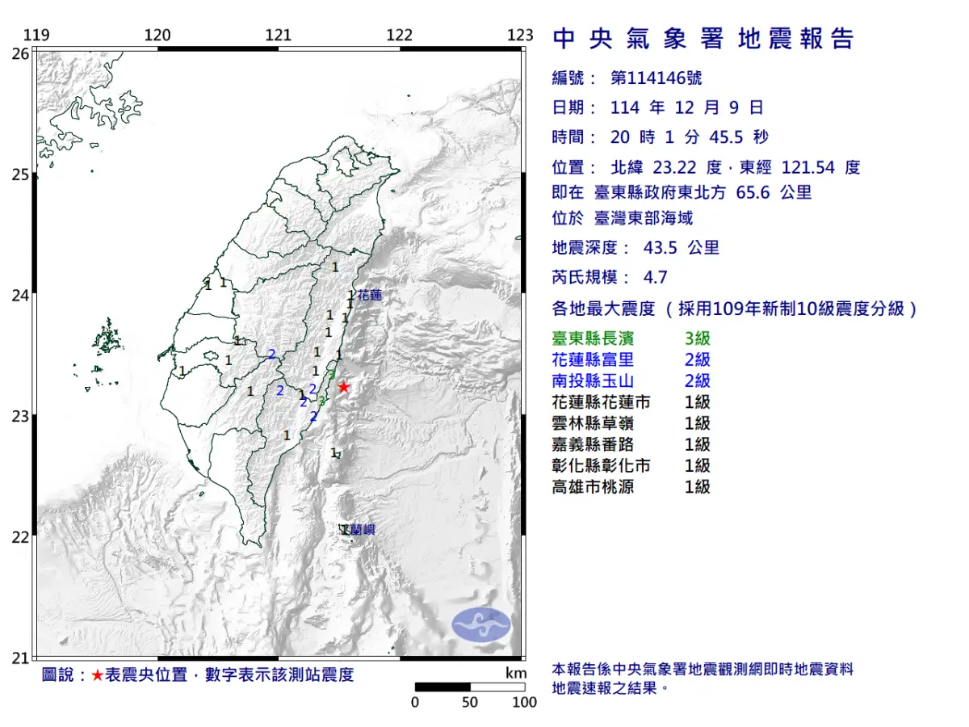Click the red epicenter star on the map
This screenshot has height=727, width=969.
point(343,388)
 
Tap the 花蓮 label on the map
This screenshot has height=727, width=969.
point(370,296)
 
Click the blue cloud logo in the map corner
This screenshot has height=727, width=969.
point(481,624)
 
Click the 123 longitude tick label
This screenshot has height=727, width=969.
point(521,35)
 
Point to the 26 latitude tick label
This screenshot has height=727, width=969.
point(19,54)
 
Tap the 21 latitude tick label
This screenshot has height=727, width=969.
point(19,658)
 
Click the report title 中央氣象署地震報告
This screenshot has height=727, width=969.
point(703,39)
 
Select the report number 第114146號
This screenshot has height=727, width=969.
point(656,78)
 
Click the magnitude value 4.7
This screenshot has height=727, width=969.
point(655,277)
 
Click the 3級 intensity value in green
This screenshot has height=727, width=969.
point(697,339)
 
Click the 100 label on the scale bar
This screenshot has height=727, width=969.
point(525,702)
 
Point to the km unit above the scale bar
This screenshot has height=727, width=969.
point(516,673)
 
